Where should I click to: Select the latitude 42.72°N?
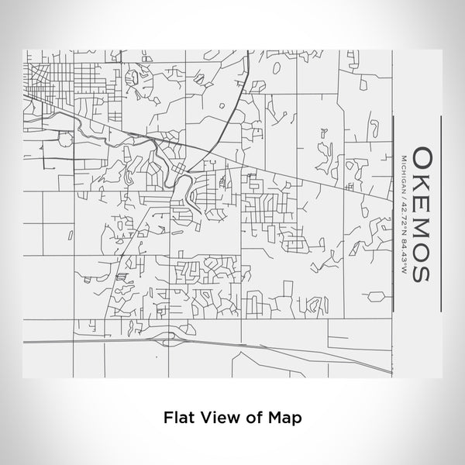pos(403,214)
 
